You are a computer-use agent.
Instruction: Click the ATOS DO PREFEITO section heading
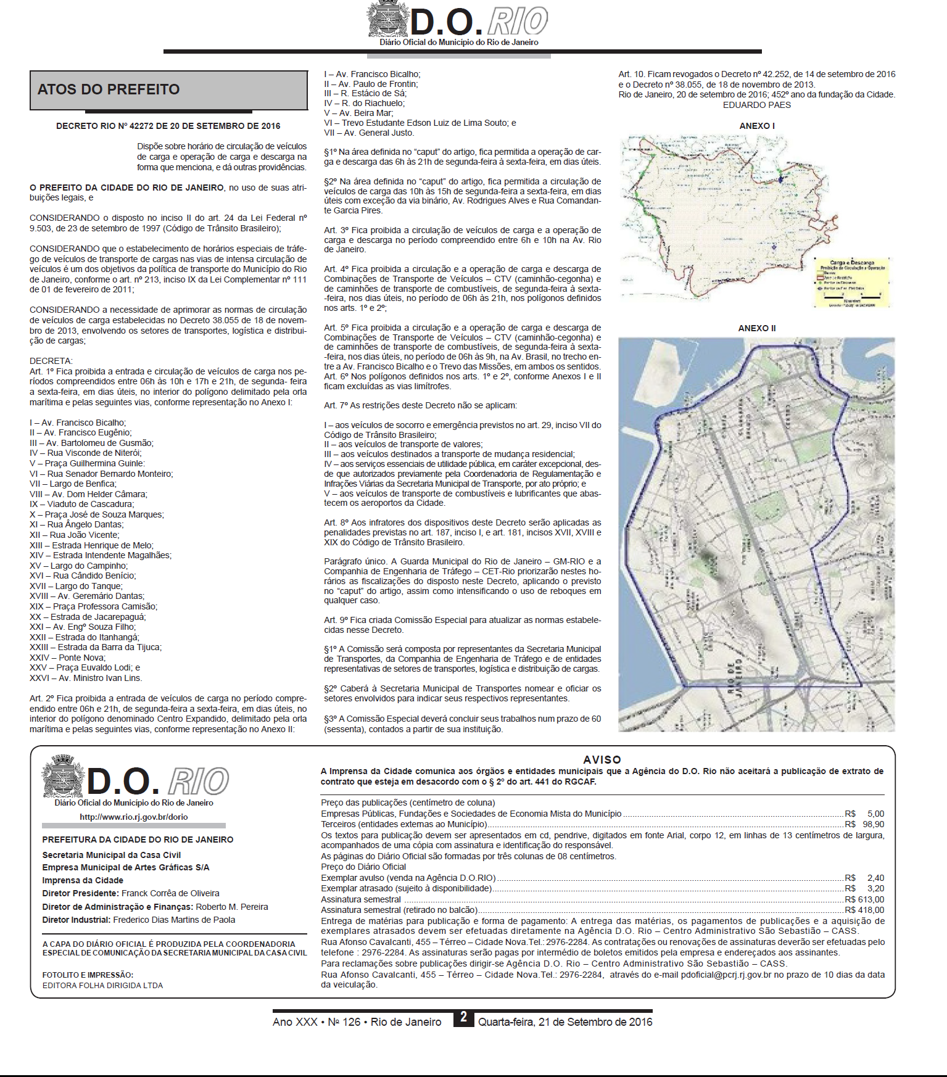click(x=109, y=89)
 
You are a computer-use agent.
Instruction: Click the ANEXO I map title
click(x=757, y=126)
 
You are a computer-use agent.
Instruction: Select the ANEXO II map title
click(x=757, y=328)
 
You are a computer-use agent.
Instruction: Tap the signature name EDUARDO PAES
click(x=756, y=105)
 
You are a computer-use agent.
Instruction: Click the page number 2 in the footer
click(x=463, y=1018)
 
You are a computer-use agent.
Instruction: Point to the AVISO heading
click(x=602, y=759)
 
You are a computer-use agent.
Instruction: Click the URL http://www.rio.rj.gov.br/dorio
click(x=133, y=817)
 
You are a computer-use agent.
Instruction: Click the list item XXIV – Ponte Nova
click(x=68, y=658)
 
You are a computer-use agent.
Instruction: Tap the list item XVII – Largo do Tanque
click(x=76, y=586)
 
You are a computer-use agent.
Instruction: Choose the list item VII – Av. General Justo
click(x=369, y=133)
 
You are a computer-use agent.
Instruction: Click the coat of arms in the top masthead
click(x=388, y=20)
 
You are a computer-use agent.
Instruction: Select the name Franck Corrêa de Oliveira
click(x=170, y=893)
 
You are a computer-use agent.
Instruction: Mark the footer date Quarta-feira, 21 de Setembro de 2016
click(x=565, y=1022)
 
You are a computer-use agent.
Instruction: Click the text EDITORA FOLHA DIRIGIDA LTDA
click(x=102, y=986)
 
